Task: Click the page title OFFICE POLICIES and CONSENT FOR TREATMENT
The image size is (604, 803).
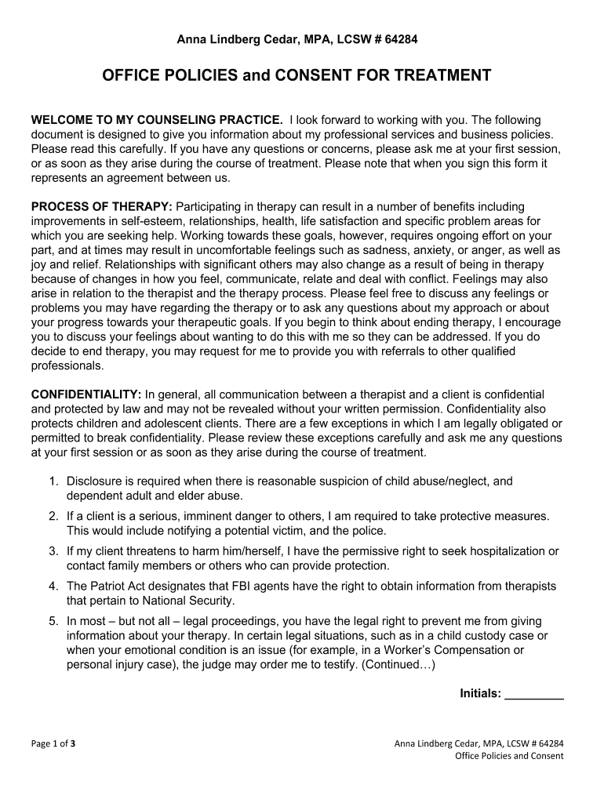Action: coord(297,75)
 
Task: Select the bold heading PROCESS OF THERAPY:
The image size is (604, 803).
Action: coord(102,206)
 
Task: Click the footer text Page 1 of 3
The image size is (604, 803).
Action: coord(53,743)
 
